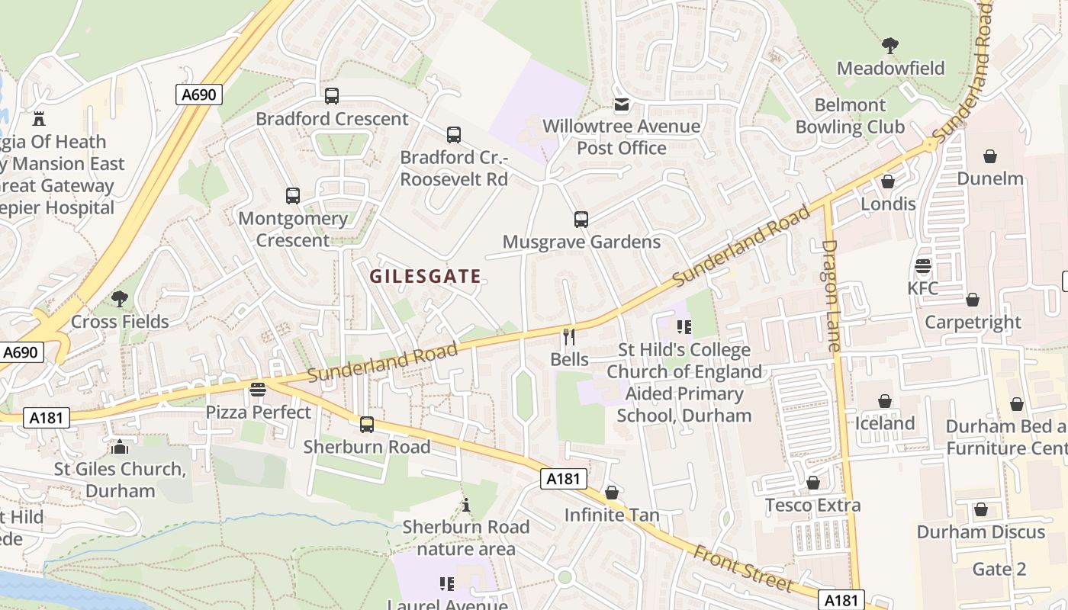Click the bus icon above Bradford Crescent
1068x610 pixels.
332,96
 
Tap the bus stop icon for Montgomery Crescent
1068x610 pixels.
293,196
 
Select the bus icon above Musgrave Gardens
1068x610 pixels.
581,220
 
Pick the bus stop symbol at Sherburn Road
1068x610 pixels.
367,425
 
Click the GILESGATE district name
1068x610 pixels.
426,276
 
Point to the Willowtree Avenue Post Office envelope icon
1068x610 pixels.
622,104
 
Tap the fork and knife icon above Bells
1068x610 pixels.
569,336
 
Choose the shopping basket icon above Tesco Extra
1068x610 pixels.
813,483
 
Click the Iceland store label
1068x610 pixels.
885,423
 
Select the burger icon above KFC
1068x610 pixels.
923,266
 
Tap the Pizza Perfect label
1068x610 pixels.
259,413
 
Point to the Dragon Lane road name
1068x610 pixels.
832,296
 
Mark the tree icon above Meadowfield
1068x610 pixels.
890,46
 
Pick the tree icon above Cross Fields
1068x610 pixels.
120,298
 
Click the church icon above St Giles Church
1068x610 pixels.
120,446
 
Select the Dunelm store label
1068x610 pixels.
990,178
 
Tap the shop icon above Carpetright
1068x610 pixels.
973,300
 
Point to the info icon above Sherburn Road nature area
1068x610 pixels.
466,505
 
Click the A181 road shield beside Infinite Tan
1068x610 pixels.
565,479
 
